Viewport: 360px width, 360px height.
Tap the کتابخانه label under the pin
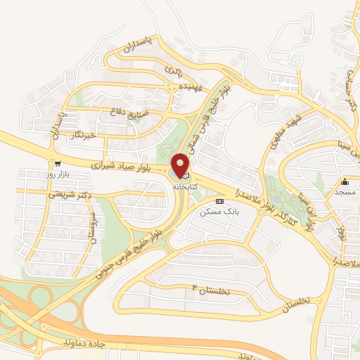[184, 186]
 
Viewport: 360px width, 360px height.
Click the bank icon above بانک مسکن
[221, 200]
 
